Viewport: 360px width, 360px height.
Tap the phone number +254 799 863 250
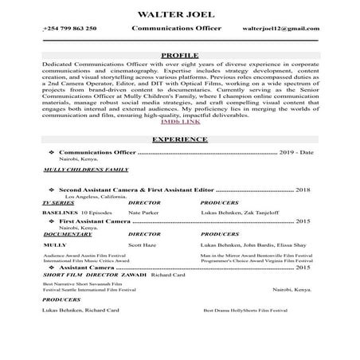pos(69,29)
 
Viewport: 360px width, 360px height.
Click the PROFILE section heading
pos(179,55)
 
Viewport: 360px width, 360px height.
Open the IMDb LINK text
pos(180,121)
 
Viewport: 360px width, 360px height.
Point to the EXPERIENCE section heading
pos(179,139)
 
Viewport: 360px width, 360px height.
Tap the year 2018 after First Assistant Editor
pos(302,191)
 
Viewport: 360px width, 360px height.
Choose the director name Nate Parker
pos(144,213)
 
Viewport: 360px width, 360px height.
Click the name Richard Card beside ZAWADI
pos(166,276)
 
